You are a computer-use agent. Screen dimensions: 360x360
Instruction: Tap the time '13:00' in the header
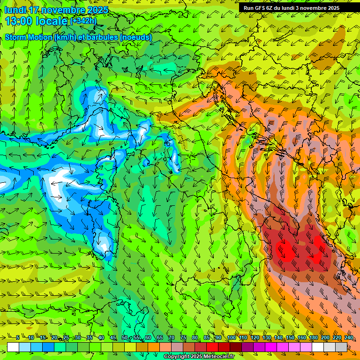pos(20,21)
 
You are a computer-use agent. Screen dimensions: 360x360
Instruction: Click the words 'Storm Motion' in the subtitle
pos(28,37)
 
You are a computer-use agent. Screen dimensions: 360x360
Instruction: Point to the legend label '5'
pos(17,337)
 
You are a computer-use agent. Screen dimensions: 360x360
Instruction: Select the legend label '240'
pos(348,337)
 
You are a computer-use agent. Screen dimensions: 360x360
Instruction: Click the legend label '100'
pos(231,337)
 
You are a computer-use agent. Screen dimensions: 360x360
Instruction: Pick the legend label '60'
pos(148,337)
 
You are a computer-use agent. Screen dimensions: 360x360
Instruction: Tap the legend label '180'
pos(313,337)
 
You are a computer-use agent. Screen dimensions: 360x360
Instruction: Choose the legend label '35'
pos(89,337)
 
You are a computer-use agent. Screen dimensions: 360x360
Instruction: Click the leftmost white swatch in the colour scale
pos(13,347)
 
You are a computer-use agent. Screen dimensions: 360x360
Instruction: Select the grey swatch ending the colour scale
pos(341,347)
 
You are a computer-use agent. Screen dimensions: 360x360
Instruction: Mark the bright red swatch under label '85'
pos(212,347)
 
